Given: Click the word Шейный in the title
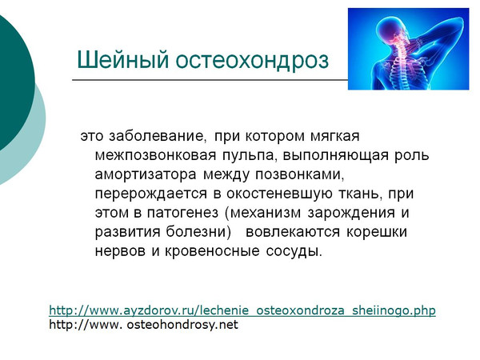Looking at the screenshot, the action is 122,59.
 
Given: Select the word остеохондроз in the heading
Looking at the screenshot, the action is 252,60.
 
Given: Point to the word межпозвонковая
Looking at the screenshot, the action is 155,155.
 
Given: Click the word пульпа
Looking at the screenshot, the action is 250,156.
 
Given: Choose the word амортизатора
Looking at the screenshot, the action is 146,174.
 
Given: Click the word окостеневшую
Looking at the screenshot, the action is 279,194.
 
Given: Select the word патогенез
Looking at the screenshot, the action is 182,213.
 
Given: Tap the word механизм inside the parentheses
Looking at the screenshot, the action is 265,213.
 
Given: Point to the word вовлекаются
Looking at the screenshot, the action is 293,232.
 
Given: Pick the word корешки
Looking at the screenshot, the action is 377,233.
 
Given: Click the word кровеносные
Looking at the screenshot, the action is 212,252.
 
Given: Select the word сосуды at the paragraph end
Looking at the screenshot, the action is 294,252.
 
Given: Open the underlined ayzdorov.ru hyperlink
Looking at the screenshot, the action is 242,310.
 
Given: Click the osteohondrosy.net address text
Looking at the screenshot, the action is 143,325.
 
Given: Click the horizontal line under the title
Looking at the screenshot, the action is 210,80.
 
